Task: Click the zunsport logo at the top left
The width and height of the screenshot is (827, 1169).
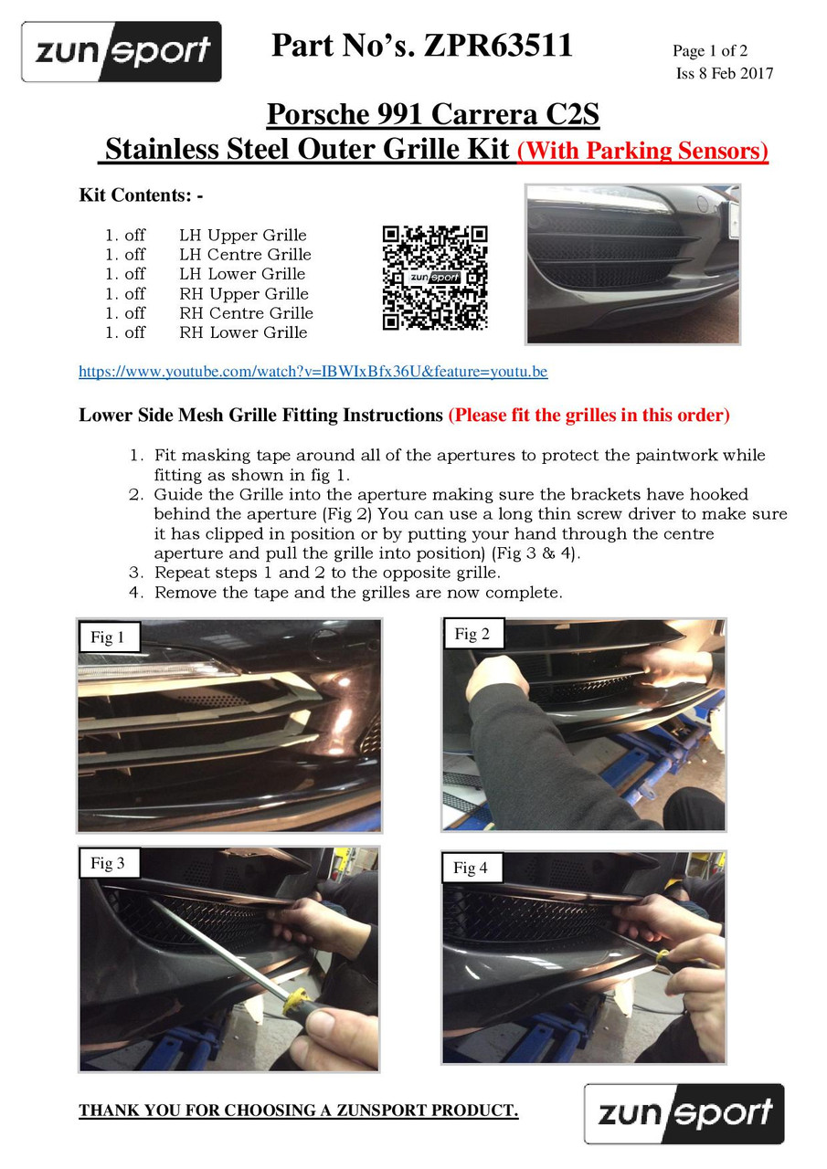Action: tap(122, 52)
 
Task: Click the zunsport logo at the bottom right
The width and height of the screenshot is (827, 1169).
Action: tap(684, 1113)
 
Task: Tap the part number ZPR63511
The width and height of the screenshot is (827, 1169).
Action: tap(498, 45)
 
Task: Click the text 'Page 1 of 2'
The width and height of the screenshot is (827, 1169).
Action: tap(709, 50)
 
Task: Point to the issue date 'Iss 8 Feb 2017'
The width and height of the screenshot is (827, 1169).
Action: tap(724, 73)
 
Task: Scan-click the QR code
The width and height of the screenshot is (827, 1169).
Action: tap(435, 278)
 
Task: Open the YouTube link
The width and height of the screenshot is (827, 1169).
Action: tap(313, 372)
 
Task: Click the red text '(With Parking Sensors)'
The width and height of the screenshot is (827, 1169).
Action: tap(642, 151)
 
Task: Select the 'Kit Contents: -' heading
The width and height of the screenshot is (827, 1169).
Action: tap(141, 195)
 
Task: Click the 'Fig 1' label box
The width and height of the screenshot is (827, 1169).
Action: tap(109, 637)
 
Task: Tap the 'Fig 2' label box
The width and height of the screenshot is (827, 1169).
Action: tap(473, 634)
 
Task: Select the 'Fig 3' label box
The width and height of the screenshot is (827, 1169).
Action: tap(109, 863)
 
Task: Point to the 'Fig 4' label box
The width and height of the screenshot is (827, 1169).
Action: tap(472, 868)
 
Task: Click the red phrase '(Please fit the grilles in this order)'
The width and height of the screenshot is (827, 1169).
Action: tap(588, 415)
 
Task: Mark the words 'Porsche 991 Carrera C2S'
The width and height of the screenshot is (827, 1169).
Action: tap(433, 114)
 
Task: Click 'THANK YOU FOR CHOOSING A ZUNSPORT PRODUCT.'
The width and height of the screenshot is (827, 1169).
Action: tap(299, 1110)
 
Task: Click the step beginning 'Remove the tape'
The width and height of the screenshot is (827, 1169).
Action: tap(345, 593)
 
